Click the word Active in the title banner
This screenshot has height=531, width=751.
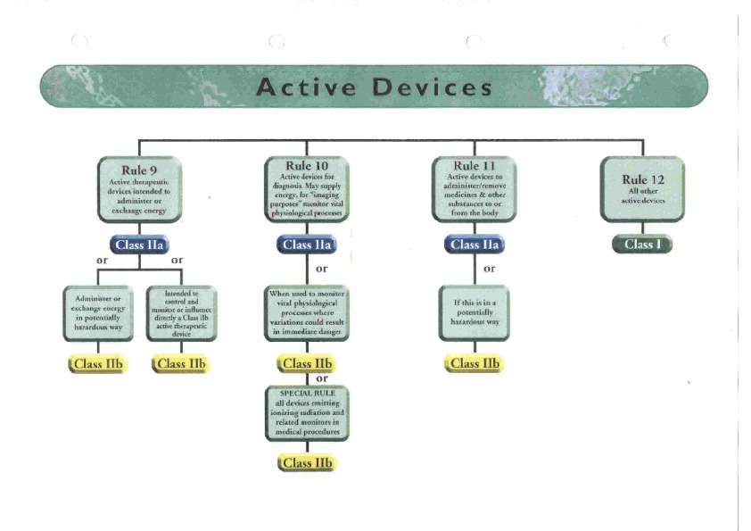click(306, 87)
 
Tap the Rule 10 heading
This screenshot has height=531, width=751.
click(307, 166)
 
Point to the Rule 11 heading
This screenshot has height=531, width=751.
click(475, 166)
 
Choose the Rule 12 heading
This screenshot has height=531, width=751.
click(642, 179)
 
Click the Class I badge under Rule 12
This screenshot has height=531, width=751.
click(642, 244)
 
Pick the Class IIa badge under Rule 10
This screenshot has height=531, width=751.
click(307, 245)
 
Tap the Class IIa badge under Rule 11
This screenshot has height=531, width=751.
click(475, 245)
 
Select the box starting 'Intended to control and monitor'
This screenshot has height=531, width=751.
click(181, 313)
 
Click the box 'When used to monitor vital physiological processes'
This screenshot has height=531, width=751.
click(307, 312)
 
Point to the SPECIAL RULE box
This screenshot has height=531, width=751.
click(307, 412)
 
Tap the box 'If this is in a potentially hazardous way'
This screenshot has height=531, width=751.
click(475, 311)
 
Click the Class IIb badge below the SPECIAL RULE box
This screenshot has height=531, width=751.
click(307, 462)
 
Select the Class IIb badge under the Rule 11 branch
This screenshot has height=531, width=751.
click(475, 363)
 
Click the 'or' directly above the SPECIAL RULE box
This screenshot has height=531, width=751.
click(322, 378)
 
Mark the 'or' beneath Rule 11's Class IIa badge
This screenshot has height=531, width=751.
click(489, 268)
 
